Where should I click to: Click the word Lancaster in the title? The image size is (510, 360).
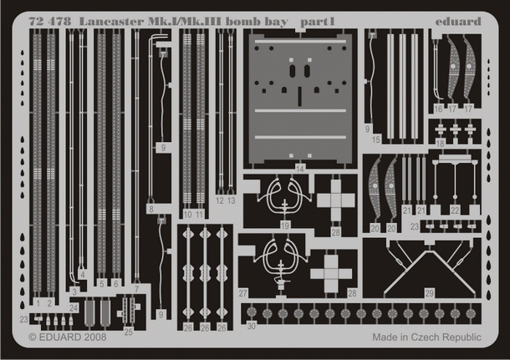coord(110,21)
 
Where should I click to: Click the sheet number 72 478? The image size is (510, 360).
coord(48,21)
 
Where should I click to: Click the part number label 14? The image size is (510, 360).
coord(300,168)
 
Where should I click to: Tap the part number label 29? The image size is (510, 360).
coord(429,293)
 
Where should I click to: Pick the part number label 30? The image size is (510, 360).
coord(251,326)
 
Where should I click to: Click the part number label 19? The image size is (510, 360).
coord(285,226)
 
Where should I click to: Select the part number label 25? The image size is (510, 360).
coord(128,332)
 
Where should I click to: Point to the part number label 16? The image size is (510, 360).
coord(438,109)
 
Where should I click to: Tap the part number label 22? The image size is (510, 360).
coord(455,210)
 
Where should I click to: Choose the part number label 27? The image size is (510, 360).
coord(242,293)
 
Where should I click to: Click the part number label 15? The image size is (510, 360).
coord(376,139)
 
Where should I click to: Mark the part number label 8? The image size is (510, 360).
coord(150,209)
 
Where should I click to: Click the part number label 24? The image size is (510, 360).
coord(74,308)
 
